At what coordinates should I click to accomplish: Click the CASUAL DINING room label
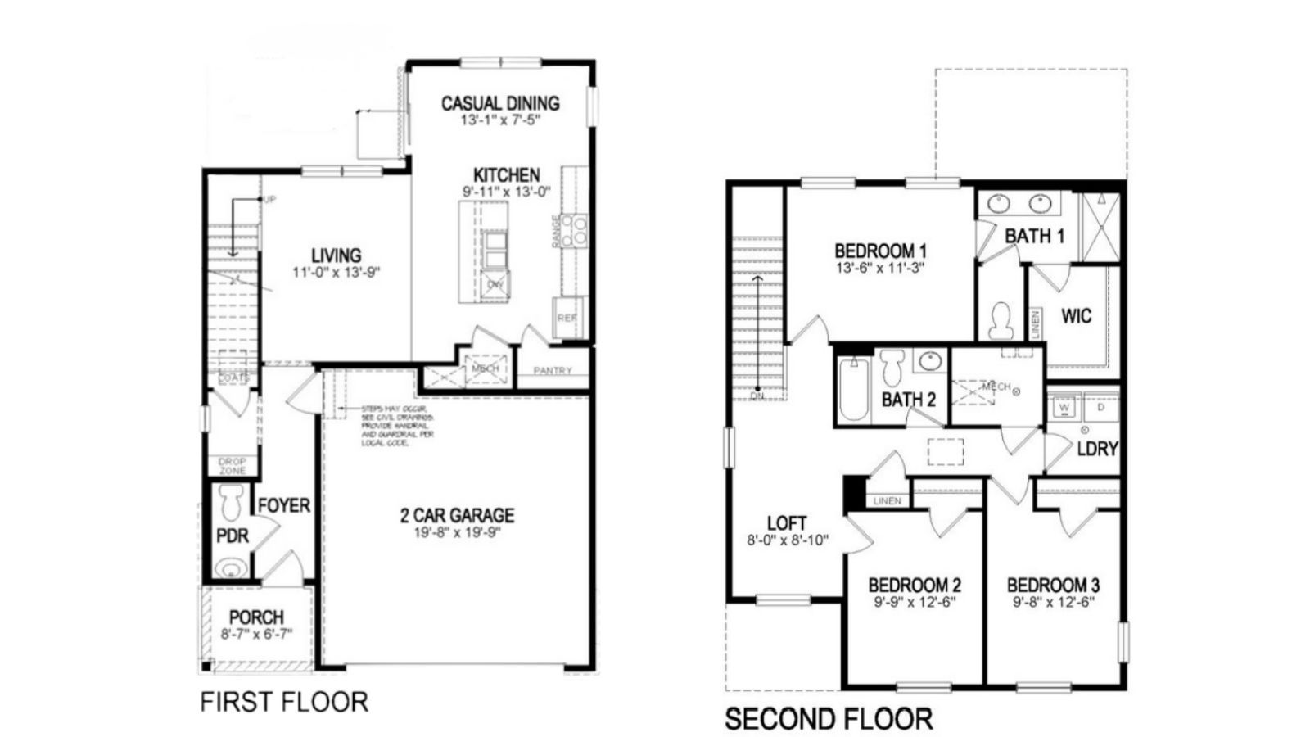(500, 103)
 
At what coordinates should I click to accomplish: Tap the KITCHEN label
(506, 175)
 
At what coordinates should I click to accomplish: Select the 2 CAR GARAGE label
(457, 516)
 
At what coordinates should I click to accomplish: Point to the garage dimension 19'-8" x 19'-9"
(457, 532)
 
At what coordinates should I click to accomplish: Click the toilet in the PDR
(233, 499)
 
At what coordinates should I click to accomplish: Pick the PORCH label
(256, 617)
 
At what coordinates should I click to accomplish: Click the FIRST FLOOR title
(284, 702)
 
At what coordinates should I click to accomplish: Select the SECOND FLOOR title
(829, 719)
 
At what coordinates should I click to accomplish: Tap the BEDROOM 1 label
(880, 251)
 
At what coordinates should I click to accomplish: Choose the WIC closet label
(1076, 316)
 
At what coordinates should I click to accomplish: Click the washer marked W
(1064, 406)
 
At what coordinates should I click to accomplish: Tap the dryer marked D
(1101, 406)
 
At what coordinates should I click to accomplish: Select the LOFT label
(787, 523)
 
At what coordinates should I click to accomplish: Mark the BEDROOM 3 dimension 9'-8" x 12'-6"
(1053, 601)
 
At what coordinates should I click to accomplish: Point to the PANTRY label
(553, 371)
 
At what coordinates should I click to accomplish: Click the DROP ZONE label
(233, 466)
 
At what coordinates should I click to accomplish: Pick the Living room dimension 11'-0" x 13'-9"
(336, 272)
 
